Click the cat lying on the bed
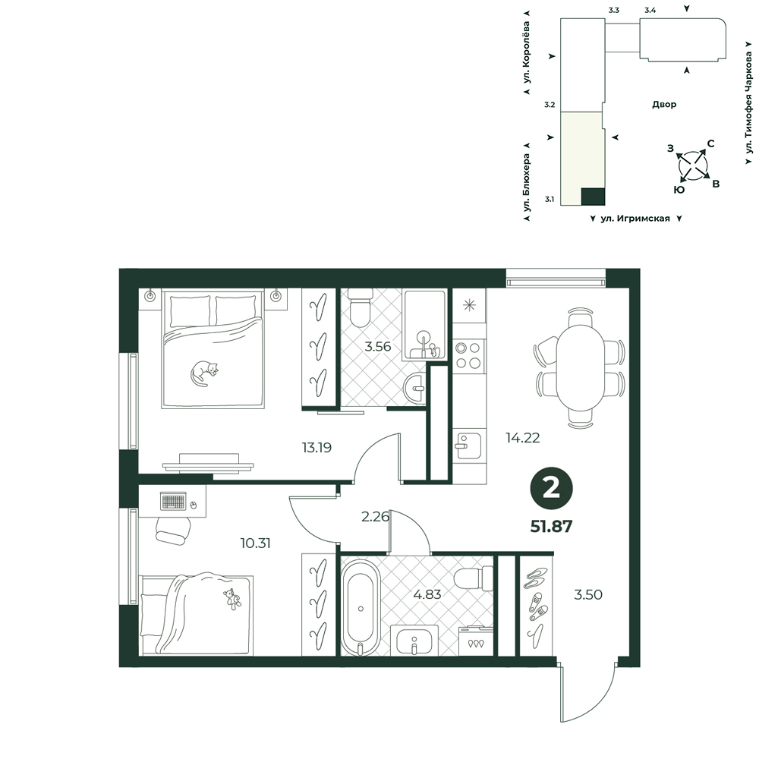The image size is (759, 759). click(x=203, y=373)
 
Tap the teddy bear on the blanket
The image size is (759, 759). click(x=232, y=599)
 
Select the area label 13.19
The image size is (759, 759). click(x=317, y=448)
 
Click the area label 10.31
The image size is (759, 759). click(x=255, y=543)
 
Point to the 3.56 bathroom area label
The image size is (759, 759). click(x=377, y=347)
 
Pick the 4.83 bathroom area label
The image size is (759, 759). click(x=427, y=594)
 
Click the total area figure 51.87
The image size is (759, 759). click(x=551, y=526)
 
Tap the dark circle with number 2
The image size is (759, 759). click(x=551, y=489)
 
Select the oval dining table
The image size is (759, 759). click(x=580, y=367)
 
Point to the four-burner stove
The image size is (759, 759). click(x=468, y=354)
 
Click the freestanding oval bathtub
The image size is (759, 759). click(x=361, y=607)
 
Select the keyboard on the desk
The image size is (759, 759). click(x=173, y=501)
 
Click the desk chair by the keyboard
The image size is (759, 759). click(x=172, y=530)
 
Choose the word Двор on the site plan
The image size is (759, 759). click(x=664, y=104)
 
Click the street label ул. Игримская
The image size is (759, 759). click(x=635, y=219)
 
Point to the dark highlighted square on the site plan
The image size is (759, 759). click(x=593, y=197)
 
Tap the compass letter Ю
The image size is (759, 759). click(x=679, y=190)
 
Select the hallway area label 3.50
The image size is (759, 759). click(x=588, y=594)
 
